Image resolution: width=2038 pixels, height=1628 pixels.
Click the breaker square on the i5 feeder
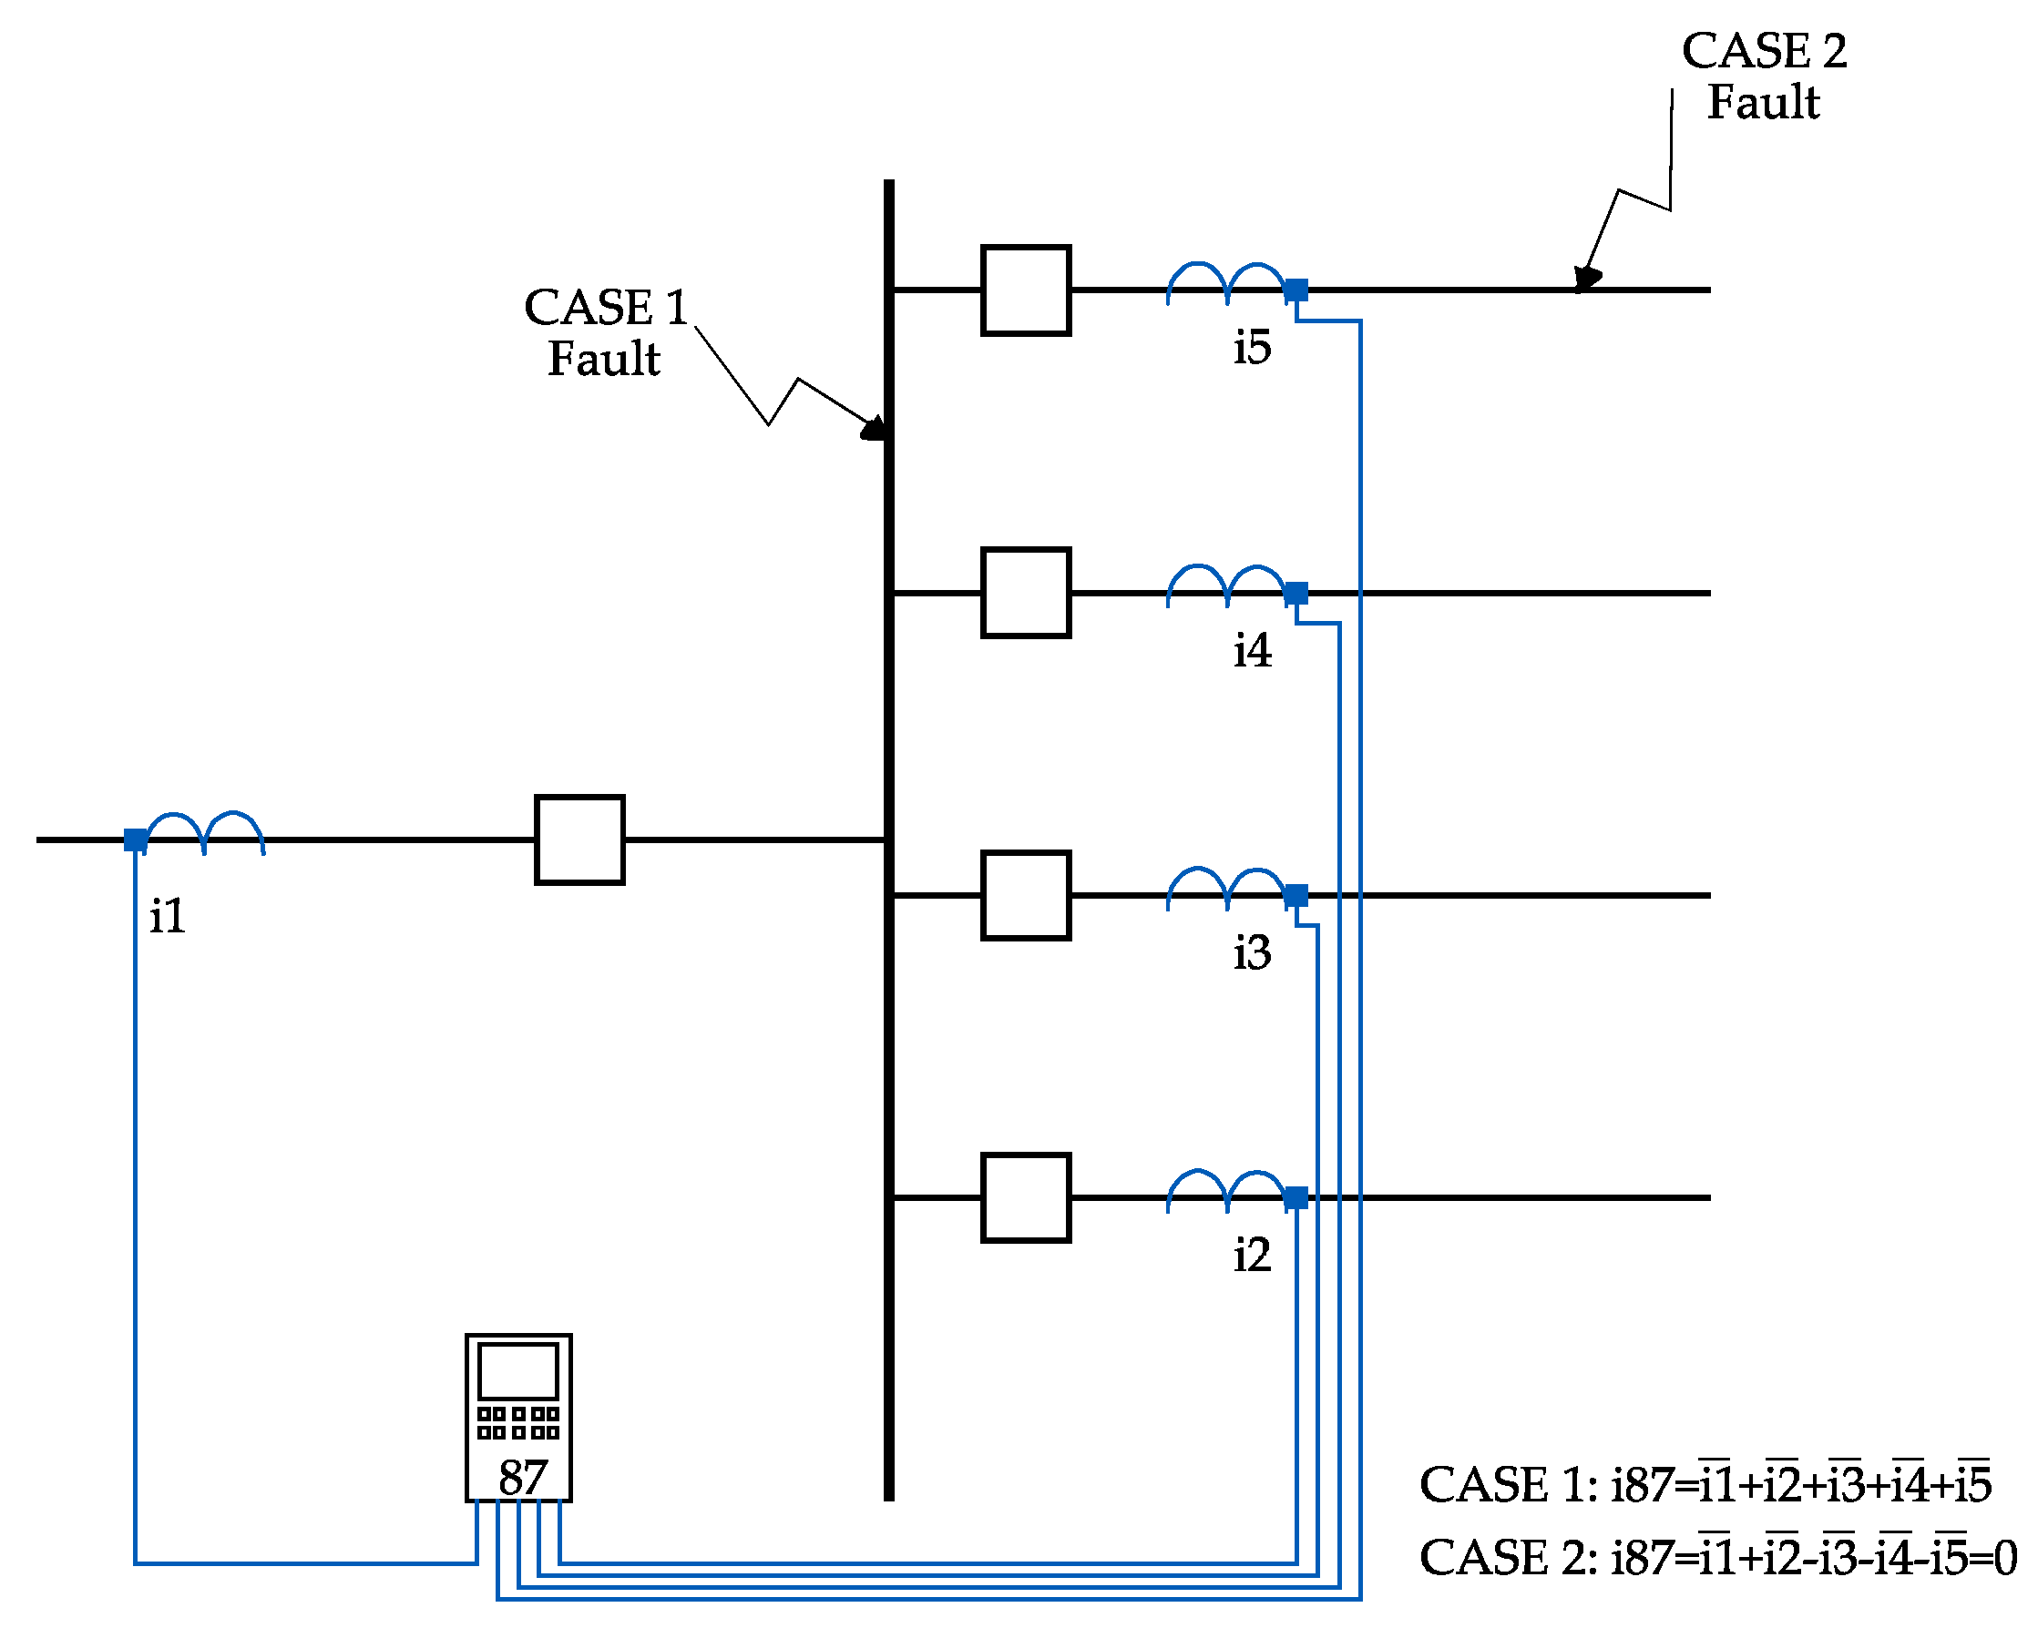(1026, 290)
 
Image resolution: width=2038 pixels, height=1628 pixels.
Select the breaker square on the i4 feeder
(1026, 593)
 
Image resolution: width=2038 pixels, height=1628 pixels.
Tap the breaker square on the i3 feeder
(1026, 895)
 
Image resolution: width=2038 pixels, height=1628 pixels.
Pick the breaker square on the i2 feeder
(1026, 1197)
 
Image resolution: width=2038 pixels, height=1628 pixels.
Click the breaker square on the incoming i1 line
(579, 839)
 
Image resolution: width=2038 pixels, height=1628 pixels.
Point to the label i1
(168, 916)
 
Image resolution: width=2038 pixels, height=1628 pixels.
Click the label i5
(1252, 348)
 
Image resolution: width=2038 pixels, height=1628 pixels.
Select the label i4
(1252, 650)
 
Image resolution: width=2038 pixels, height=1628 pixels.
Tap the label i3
(1252, 952)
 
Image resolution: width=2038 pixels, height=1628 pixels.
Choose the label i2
(1252, 1255)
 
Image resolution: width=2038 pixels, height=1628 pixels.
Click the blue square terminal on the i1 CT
(135, 839)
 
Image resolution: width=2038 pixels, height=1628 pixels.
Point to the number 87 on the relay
(523, 1477)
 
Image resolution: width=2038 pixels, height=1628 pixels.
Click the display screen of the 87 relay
(518, 1371)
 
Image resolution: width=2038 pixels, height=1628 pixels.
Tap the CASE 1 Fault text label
(605, 332)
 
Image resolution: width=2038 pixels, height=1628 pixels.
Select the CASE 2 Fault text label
(1764, 76)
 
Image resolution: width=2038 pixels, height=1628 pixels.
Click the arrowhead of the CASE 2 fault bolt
(1587, 278)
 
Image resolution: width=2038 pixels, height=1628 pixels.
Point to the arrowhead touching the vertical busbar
(875, 430)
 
